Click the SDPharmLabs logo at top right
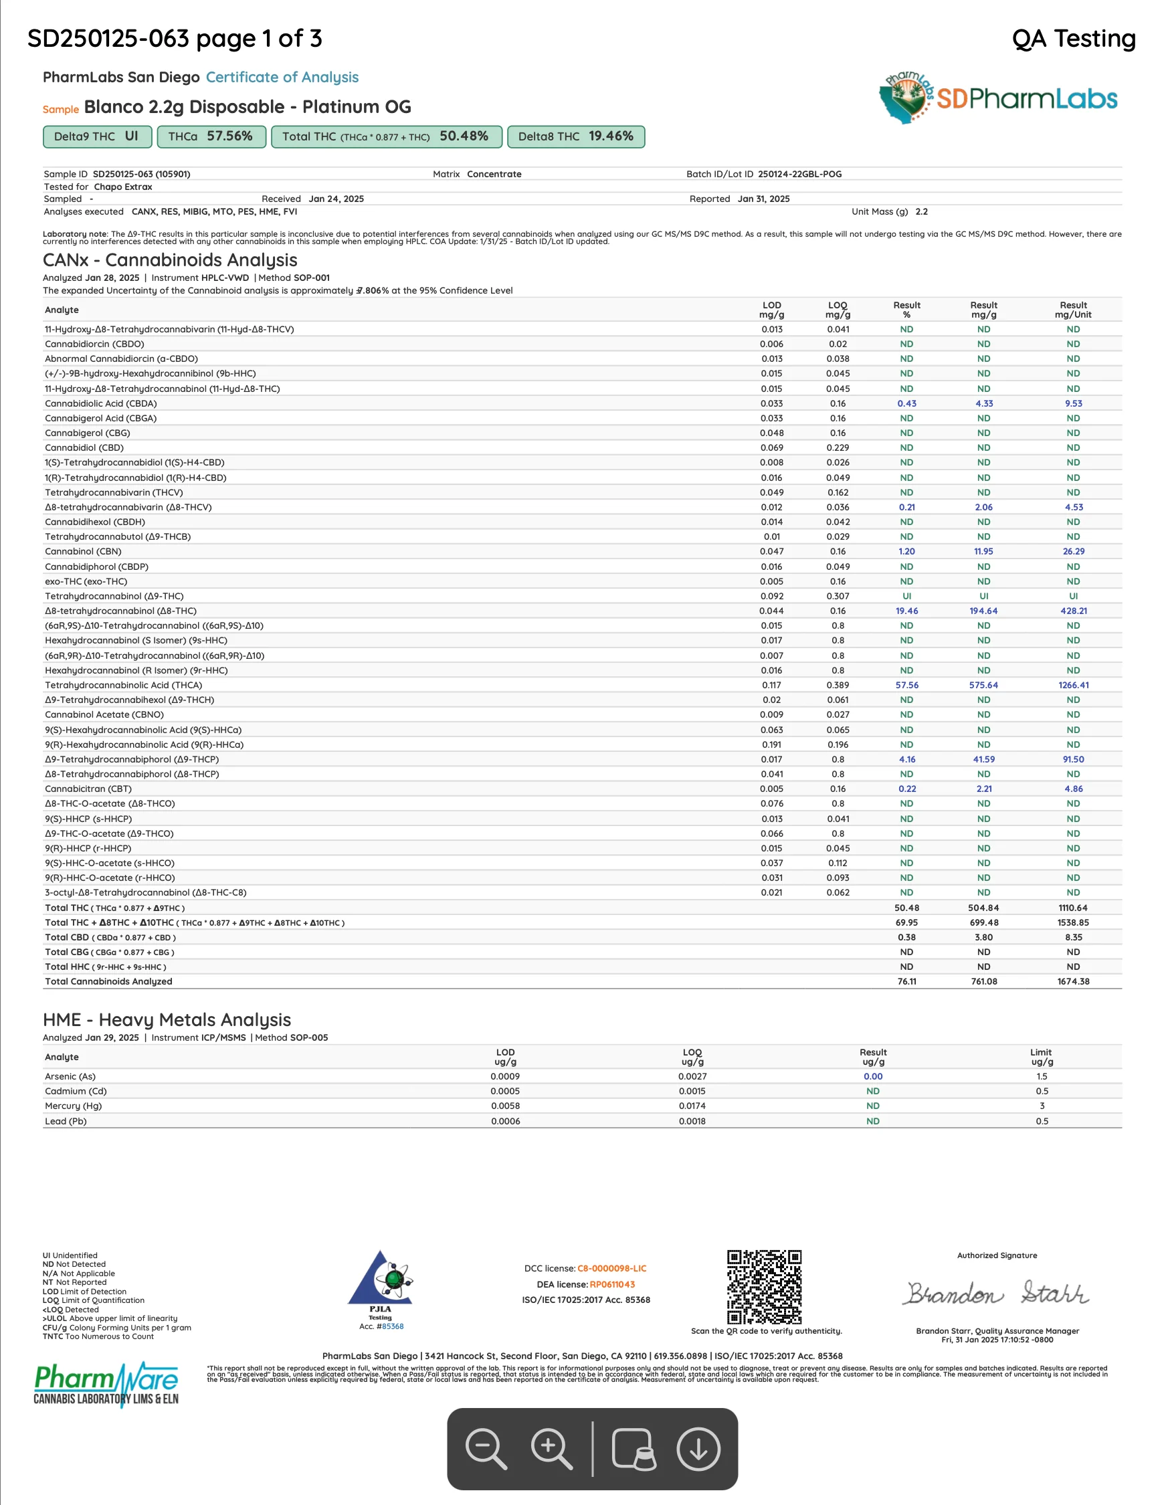998,98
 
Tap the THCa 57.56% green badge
211,136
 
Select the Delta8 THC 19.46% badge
575,136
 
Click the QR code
764,1286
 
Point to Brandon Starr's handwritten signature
996,1294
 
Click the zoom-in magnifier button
551,1449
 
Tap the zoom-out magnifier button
486,1449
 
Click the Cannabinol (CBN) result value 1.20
906,551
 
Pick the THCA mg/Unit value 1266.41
1073,685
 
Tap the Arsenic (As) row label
70,1076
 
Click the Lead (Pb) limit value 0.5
1042,1121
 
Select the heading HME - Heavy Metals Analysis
167,1020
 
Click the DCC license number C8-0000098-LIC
611,1269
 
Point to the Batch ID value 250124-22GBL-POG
799,175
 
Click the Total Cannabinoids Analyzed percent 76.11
906,981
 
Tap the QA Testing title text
1073,39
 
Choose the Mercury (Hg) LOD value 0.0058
505,1106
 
